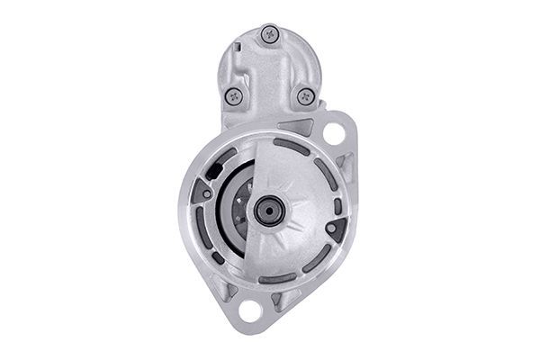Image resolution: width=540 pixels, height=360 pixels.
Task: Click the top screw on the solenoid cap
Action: pos(269,35)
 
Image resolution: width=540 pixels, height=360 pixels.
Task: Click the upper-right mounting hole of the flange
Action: pos(333,135)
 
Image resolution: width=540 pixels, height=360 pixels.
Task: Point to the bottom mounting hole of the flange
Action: pos(250,310)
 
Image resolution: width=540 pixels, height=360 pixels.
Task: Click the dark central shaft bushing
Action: pos(268,211)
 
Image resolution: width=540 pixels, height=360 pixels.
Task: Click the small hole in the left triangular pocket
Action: pos(207,193)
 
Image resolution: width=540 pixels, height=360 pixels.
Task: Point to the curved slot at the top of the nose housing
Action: pos(291,146)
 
